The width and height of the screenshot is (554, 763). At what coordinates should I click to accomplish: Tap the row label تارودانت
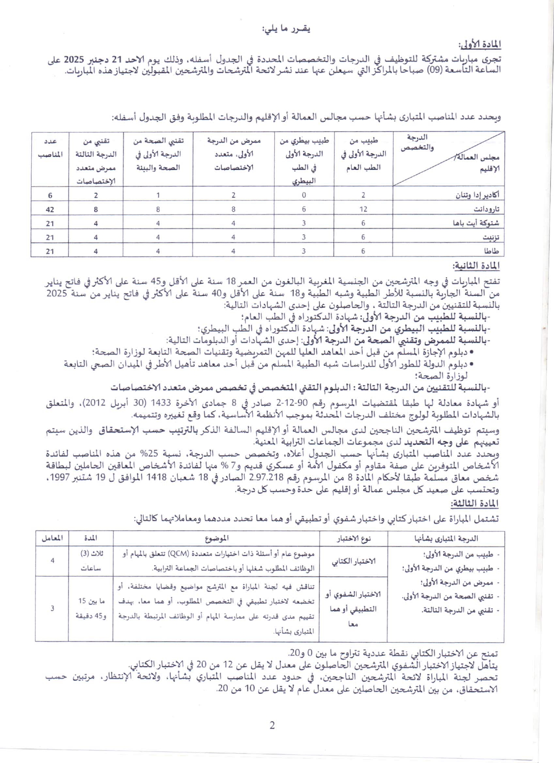coord(486,209)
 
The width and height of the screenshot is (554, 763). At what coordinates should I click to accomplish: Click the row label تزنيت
coord(491,237)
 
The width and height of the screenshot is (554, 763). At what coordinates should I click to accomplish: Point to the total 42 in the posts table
coord(50,209)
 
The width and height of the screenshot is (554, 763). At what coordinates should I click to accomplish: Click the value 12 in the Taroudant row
coord(363,209)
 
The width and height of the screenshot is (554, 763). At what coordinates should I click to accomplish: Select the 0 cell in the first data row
coord(304,195)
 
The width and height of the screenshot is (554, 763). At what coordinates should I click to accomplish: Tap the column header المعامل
coord(52,538)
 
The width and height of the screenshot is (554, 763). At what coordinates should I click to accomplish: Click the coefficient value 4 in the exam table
coord(52,561)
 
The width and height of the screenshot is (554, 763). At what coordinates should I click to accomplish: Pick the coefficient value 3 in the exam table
coord(52,608)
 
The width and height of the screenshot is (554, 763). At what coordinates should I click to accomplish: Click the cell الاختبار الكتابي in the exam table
coord(354,562)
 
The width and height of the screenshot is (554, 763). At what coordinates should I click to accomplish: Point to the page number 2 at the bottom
coord(272,726)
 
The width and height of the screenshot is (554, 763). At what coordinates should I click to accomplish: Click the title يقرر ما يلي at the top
coord(286,29)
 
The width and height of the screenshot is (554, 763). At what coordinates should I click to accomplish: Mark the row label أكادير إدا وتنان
coord(477,195)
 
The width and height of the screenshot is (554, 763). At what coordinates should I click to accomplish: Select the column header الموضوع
coord(216,538)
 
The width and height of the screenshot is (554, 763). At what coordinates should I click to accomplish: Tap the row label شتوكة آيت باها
coord(476,223)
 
